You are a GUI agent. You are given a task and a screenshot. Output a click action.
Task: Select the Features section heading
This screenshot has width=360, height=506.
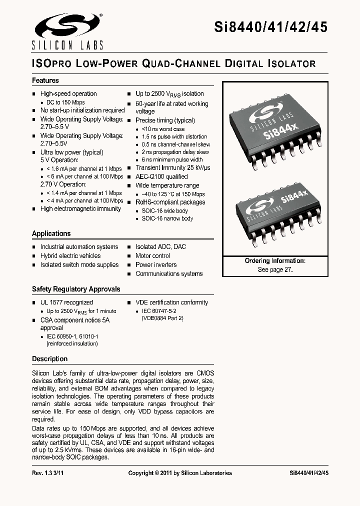tap(45, 80)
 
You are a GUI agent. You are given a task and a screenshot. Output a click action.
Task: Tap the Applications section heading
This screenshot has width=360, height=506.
tap(51, 233)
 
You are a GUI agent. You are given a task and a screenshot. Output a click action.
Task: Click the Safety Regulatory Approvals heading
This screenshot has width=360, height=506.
tap(76, 289)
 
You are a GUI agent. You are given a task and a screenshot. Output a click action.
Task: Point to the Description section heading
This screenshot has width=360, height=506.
tap(49, 359)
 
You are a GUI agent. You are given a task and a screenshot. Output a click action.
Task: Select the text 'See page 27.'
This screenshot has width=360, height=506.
tap(275, 269)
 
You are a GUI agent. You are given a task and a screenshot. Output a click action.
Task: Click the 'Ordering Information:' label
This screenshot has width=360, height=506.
tap(275, 261)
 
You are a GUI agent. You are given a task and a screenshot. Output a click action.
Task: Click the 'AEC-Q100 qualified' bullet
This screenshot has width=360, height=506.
tap(161, 176)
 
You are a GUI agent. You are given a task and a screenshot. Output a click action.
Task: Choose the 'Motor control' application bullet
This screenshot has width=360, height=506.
tap(152, 255)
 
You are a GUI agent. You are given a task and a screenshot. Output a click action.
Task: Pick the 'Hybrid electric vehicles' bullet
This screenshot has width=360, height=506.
tap(70, 255)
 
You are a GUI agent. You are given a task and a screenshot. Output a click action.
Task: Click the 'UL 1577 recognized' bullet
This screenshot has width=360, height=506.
tap(66, 302)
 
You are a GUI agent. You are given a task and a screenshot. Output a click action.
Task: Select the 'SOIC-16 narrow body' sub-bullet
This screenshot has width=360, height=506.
tap(167, 218)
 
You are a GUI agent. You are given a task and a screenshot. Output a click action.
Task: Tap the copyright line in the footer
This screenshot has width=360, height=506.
tap(180, 473)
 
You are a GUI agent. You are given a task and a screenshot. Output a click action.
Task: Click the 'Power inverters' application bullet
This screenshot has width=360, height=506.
tap(156, 264)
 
